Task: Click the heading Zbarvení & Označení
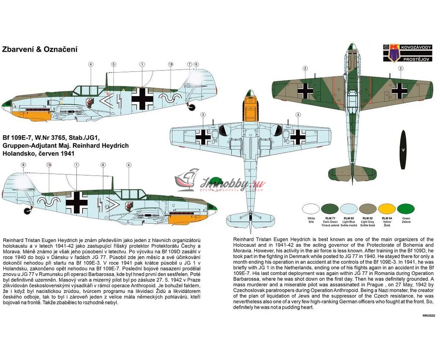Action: pyautogui.click(x=40, y=49)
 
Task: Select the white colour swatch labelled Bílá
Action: pyautogui.click(x=311, y=209)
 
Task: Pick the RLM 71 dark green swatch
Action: pyautogui.click(x=330, y=209)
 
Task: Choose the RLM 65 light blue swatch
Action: pyautogui.click(x=349, y=209)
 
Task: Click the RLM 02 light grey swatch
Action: pyautogui.click(x=368, y=209)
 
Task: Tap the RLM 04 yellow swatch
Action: pyautogui.click(x=387, y=209)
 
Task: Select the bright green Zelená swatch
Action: pyautogui.click(x=406, y=209)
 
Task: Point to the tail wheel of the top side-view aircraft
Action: pyautogui.click(x=192, y=107)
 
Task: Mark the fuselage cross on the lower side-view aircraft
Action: pyautogui.click(x=77, y=201)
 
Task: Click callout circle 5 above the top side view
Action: pyautogui.click(x=114, y=65)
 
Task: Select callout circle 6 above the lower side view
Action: pyautogui.click(x=103, y=165)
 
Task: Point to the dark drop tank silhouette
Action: pyautogui.click(x=403, y=150)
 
